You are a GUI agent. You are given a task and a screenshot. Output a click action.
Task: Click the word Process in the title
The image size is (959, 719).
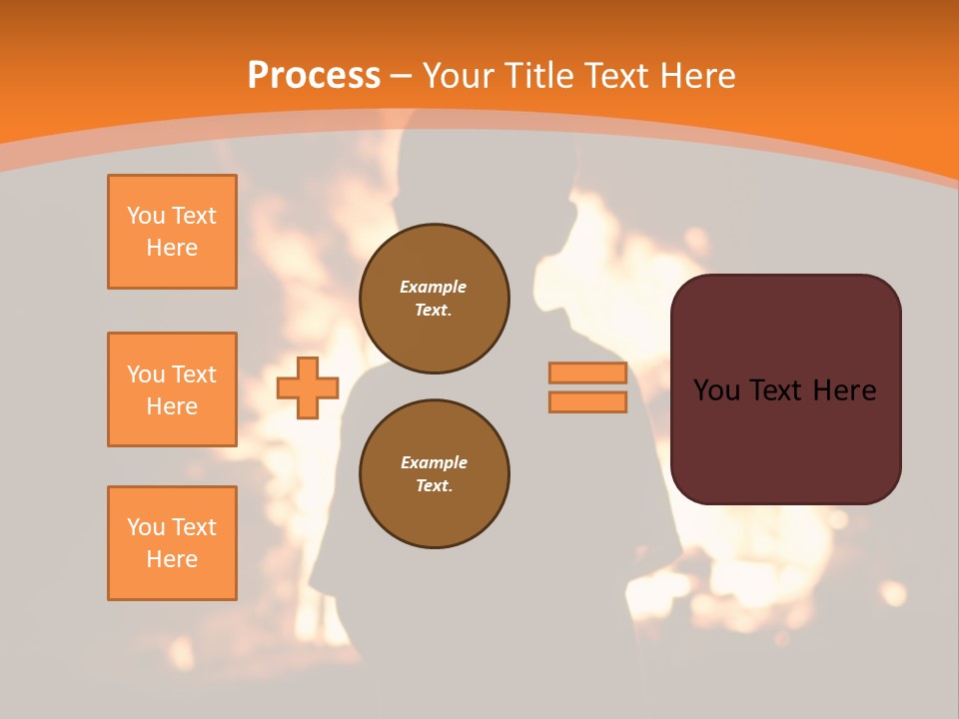(x=314, y=76)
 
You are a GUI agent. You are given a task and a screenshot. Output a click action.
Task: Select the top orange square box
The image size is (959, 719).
(x=172, y=232)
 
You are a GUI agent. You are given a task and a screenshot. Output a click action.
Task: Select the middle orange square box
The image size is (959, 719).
(x=172, y=389)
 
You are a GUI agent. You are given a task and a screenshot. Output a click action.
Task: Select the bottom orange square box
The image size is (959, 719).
(x=172, y=543)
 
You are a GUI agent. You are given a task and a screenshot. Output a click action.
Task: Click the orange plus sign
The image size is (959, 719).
(x=308, y=387)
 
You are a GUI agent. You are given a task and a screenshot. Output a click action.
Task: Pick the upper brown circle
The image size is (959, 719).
(x=435, y=299)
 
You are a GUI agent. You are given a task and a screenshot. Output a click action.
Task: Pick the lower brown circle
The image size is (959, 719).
(x=435, y=474)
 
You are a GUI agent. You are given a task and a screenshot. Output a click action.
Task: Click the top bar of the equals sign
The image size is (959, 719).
(x=587, y=373)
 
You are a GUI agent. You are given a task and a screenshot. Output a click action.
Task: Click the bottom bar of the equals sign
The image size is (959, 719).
(x=587, y=402)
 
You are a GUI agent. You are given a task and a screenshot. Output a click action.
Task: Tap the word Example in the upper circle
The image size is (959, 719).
(x=434, y=287)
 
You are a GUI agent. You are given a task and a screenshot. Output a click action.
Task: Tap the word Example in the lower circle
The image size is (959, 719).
(x=434, y=462)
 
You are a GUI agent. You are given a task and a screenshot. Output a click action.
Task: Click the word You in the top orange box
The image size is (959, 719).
(x=146, y=216)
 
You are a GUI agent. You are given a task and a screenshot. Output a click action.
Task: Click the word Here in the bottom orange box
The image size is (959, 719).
(x=172, y=559)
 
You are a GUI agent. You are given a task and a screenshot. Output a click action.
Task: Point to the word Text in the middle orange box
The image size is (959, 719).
(x=194, y=374)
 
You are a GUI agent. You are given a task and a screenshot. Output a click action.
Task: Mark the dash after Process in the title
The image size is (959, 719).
(x=402, y=76)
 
